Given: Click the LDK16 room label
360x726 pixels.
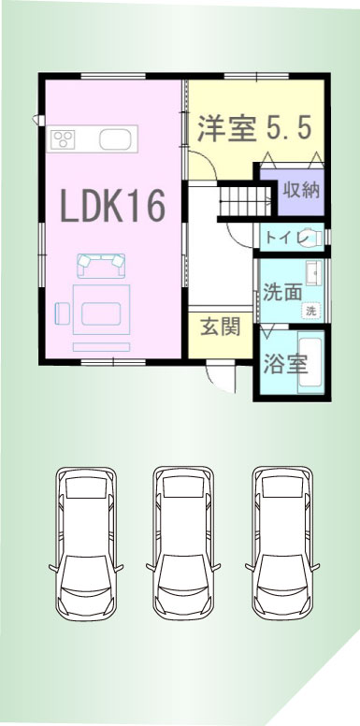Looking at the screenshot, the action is [x=113, y=206].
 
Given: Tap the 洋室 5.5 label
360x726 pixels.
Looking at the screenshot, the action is [x=254, y=127].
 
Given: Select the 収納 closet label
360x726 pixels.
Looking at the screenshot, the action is [x=302, y=190].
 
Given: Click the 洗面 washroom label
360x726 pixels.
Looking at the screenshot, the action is [x=282, y=293].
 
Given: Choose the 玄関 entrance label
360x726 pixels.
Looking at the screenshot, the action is [x=221, y=327].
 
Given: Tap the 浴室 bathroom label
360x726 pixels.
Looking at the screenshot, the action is [x=285, y=364].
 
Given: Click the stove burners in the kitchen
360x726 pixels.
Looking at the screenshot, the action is [x=63, y=138].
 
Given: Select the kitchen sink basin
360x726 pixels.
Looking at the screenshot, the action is [x=115, y=138].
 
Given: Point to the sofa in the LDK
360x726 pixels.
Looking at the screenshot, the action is [x=101, y=266].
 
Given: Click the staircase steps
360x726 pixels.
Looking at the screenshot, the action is [x=245, y=201].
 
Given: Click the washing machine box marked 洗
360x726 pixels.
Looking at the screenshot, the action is [x=312, y=312].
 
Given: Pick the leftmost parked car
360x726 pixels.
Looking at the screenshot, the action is [x=86, y=544].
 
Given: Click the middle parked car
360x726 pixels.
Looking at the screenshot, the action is [x=183, y=544].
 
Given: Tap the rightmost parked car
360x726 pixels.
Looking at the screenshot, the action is [x=282, y=544].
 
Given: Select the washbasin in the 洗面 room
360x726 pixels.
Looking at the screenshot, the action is [x=314, y=272].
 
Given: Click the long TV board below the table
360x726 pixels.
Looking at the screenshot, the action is [x=101, y=347].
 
